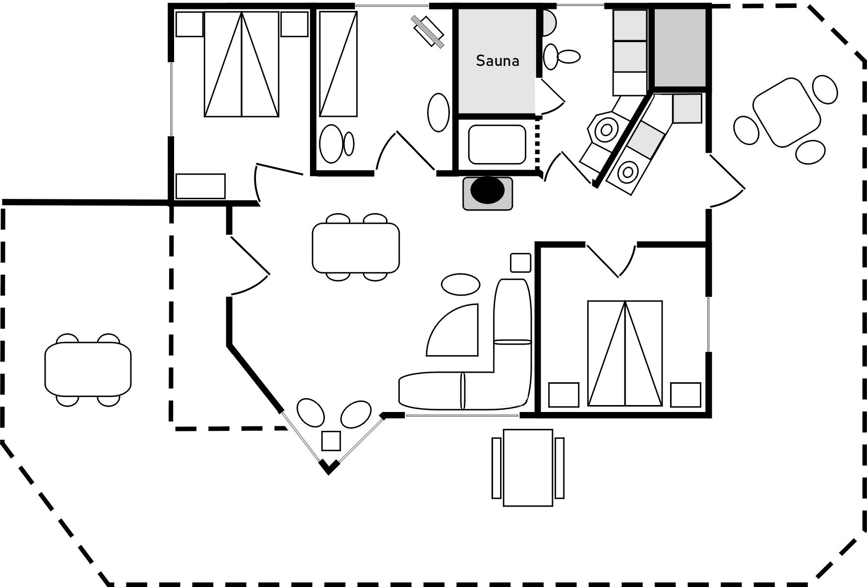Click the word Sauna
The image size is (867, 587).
click(x=497, y=60)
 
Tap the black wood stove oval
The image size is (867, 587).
click(x=488, y=190)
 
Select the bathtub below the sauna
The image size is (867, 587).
click(x=496, y=144)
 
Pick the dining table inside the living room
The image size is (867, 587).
click(x=356, y=247)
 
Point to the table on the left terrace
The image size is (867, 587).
click(x=88, y=369)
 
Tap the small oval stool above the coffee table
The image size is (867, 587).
click(x=461, y=285)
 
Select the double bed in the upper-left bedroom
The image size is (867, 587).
click(x=242, y=64)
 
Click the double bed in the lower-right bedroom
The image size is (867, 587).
click(x=625, y=353)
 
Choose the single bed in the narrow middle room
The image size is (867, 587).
click(x=338, y=64)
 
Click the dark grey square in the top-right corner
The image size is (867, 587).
click(x=680, y=48)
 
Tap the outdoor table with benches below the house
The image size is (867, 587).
click(x=528, y=468)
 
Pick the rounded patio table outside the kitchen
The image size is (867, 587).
click(x=786, y=112)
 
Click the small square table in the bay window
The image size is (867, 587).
click(x=331, y=441)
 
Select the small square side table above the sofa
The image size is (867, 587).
click(x=520, y=263)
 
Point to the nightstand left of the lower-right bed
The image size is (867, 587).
click(x=563, y=395)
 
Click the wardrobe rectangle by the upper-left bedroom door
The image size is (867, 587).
click(x=200, y=186)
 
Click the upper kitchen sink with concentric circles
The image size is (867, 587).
click(x=606, y=130)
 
